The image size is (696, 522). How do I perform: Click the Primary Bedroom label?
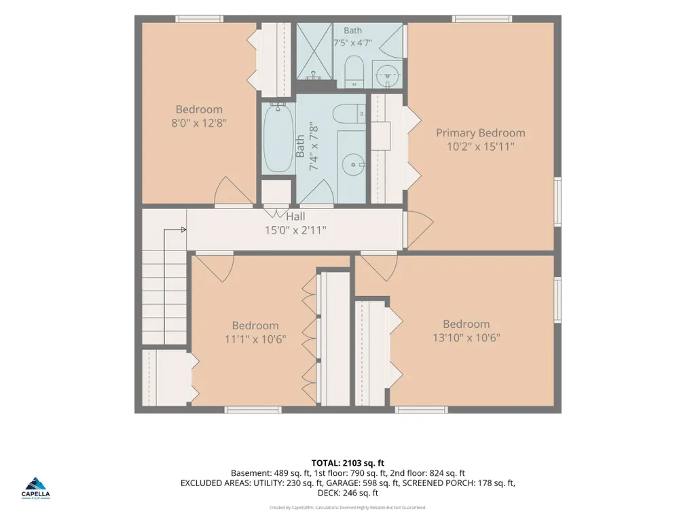click(480, 133)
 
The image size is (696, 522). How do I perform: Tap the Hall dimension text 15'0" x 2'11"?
click(295, 230)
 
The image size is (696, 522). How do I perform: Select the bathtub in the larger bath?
click(278, 138)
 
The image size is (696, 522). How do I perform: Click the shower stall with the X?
click(314, 52)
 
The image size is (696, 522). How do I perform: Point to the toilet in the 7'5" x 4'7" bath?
click(354, 71)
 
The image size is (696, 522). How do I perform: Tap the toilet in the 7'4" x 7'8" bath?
click(349, 114)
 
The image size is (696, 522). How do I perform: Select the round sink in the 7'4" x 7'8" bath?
click(354, 165)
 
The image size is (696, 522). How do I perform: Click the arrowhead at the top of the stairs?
click(184, 229)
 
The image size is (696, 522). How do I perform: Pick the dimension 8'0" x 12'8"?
click(200, 122)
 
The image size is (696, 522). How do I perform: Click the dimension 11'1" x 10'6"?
click(255, 339)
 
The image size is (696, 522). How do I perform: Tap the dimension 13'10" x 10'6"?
click(466, 337)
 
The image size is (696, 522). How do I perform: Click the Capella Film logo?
click(35, 488)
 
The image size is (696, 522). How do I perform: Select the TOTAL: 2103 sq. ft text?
click(348, 464)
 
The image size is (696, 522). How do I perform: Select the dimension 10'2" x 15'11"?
click(480, 147)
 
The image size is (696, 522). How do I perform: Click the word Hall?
click(295, 216)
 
